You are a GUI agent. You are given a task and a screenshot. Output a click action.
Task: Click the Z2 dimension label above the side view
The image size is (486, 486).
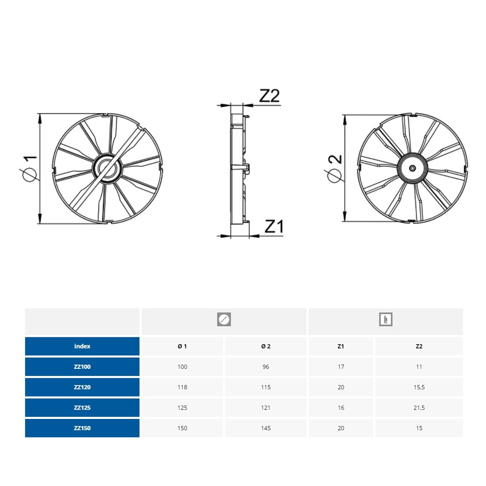pos(269,96)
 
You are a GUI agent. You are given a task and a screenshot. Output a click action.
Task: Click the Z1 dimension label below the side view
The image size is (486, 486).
pos(274,226)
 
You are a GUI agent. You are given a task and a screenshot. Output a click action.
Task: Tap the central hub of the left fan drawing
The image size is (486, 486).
pos(107,168)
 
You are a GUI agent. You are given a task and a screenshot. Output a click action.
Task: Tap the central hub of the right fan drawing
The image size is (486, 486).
pos(413,168)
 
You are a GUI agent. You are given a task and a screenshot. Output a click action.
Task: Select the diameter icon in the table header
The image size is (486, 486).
pos(224,320)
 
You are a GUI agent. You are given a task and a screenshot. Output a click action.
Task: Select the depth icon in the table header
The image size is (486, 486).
pos(385,320)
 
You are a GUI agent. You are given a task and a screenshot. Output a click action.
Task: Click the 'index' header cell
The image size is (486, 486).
pos(82,346)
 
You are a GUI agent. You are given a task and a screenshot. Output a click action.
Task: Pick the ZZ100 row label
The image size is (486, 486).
pos(82,366)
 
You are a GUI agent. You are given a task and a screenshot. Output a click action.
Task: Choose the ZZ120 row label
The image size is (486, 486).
pos(82,387)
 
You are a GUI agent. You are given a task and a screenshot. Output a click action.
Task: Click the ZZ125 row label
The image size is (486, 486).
pos(82,408)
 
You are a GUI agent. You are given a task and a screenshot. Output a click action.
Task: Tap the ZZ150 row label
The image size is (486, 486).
pos(82,428)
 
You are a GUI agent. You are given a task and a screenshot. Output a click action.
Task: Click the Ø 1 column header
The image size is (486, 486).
pos(182,346)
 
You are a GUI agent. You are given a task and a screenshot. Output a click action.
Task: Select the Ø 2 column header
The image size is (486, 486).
pos(266,346)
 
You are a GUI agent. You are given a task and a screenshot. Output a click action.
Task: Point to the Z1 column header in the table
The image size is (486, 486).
pos(341,346)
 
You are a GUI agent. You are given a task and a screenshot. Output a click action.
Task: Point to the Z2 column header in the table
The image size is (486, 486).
pos(419,346)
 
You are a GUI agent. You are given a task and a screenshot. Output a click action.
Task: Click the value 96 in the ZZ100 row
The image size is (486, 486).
pos(266,366)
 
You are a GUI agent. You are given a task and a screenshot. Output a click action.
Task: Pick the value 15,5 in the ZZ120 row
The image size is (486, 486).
pos(419,387)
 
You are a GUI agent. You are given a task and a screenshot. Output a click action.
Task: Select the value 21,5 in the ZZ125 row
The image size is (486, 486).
pos(419,408)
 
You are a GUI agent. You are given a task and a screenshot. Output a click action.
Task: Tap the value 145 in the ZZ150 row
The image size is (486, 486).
pos(266,428)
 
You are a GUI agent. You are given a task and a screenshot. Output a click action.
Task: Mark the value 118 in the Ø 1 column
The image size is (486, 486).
pos(182,387)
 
